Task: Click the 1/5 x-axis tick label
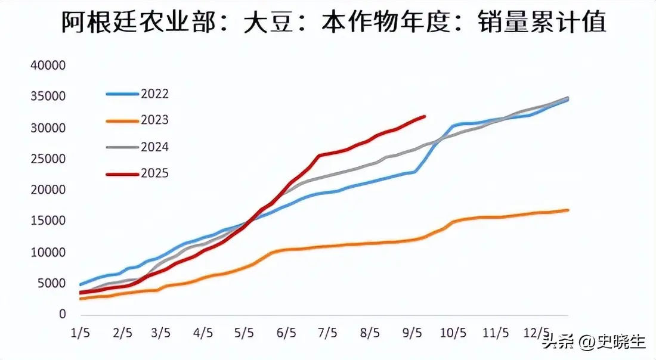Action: click(80, 332)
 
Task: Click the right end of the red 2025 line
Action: click(424, 116)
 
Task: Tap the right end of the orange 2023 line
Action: click(568, 210)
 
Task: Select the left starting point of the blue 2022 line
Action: click(81, 285)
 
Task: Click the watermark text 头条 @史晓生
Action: click(593, 342)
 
